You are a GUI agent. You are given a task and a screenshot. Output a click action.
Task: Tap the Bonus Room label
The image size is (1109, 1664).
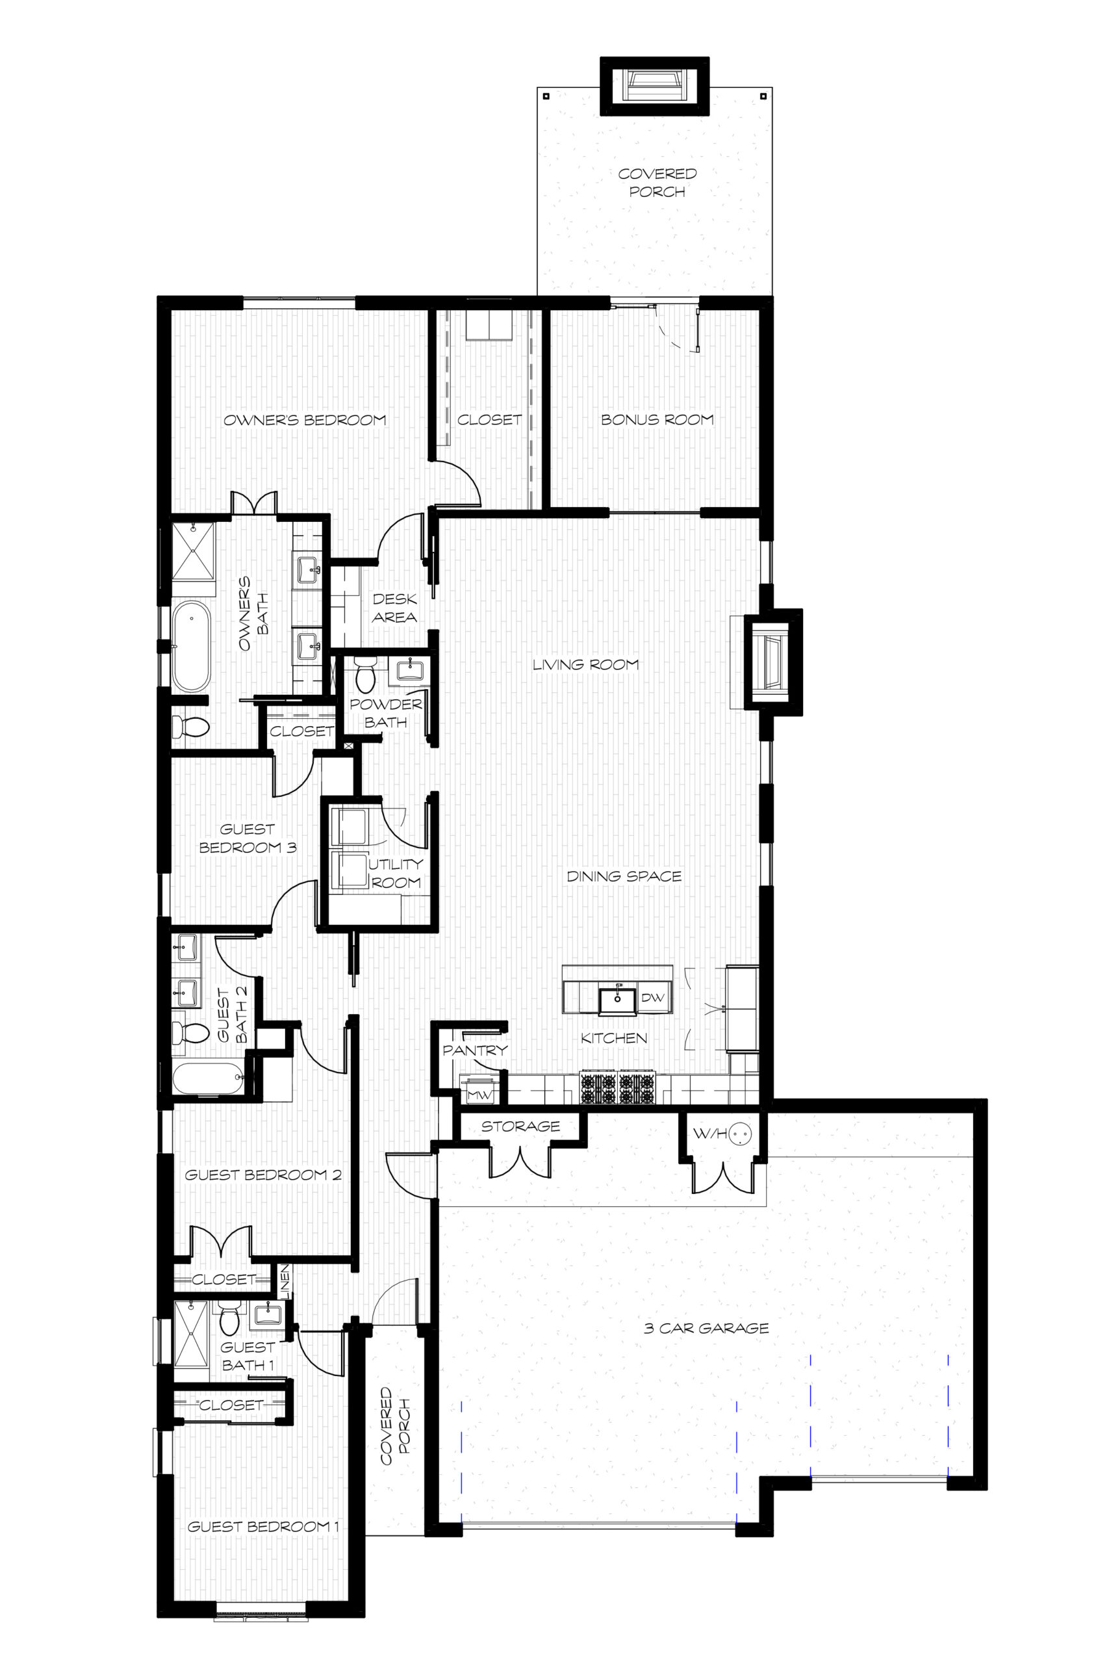657,419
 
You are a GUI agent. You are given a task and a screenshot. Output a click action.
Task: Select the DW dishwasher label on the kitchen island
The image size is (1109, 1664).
653,998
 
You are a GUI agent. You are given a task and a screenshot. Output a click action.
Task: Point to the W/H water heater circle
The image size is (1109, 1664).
740,1134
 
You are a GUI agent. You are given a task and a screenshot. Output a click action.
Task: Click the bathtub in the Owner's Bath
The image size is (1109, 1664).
191,647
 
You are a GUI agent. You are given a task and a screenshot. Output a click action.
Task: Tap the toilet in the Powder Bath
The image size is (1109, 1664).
365,675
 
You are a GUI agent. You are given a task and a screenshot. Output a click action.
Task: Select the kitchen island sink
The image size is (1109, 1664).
617,1000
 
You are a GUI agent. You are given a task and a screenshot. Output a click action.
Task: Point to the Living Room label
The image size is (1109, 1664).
585,664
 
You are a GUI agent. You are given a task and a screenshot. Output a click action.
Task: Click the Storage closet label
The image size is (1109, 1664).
520,1126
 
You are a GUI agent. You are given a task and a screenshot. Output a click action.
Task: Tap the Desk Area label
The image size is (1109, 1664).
394,608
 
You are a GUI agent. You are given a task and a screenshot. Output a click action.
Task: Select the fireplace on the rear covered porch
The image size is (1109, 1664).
654,86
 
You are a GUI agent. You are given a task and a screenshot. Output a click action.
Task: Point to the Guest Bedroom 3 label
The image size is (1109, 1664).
247,838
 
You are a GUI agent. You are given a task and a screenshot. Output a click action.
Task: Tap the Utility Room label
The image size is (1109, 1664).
396,873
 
